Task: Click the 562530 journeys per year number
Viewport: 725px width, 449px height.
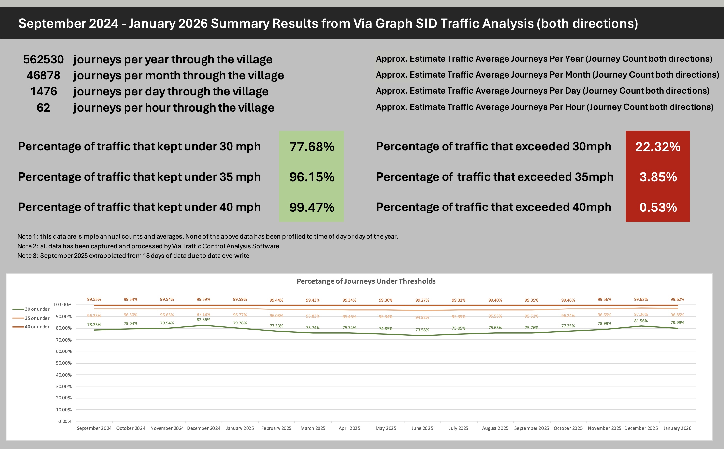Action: coord(43,60)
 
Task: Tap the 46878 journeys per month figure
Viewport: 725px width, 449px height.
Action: coord(43,76)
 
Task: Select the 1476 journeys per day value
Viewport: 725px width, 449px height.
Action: coord(43,91)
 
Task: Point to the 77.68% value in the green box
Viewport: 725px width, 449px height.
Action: coord(312,147)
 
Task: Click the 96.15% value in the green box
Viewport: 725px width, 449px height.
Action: coord(312,177)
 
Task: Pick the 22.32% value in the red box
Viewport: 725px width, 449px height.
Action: coord(658,147)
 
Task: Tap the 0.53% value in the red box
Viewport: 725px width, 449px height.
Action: coord(658,207)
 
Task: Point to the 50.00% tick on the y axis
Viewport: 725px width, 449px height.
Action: coord(64,363)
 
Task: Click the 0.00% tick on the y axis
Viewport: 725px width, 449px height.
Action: coord(65,421)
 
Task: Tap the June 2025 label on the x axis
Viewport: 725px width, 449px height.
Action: coord(422,428)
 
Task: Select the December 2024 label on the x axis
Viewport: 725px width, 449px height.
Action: coord(203,428)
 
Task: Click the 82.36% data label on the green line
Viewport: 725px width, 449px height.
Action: coord(203,320)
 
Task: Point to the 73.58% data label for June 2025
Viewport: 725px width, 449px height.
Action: coord(422,330)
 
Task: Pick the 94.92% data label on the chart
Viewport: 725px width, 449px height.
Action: coord(422,317)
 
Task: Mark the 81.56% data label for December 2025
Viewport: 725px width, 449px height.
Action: coord(641,321)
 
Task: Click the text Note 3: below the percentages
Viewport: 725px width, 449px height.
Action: coord(27,256)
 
